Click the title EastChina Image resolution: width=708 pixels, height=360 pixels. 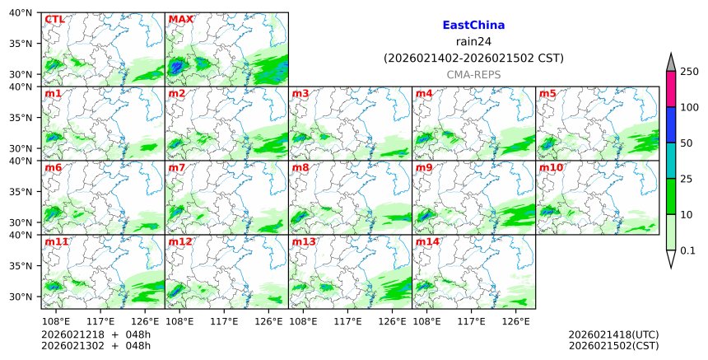[473, 26]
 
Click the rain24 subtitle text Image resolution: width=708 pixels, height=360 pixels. [473, 42]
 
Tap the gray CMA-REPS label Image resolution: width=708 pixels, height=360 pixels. [473, 75]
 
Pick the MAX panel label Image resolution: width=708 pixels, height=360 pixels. [180, 19]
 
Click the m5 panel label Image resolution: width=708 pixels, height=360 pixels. [547, 93]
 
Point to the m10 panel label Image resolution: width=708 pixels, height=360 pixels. [551, 167]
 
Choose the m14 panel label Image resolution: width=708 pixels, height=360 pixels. [427, 241]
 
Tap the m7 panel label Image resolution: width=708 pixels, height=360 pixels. [177, 167]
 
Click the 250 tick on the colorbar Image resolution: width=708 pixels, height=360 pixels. [690, 72]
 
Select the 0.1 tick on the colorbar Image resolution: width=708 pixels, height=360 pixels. [688, 250]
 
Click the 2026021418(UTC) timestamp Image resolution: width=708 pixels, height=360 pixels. [613, 334]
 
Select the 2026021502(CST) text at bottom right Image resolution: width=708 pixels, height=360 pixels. [613, 345]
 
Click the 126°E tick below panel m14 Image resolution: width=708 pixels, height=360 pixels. [516, 320]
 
